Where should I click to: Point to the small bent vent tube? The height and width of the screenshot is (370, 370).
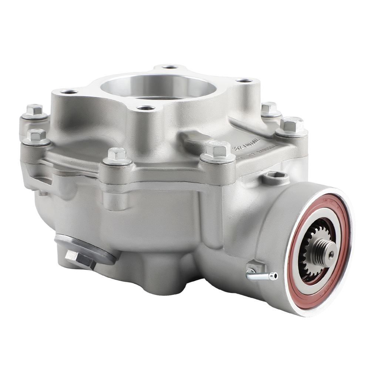(x=259, y=275)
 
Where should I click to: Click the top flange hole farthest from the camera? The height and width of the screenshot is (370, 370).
(x=170, y=67)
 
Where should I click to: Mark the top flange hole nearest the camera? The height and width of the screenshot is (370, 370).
(x=146, y=108)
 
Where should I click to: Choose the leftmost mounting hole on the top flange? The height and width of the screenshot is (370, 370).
(x=69, y=92)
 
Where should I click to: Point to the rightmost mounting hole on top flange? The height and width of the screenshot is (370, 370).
(x=244, y=80)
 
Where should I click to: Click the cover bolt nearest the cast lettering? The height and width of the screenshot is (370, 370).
(x=218, y=150)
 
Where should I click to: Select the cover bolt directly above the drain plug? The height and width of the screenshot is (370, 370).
(x=117, y=155)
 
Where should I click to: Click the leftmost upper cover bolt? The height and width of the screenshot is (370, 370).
(x=34, y=110)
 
